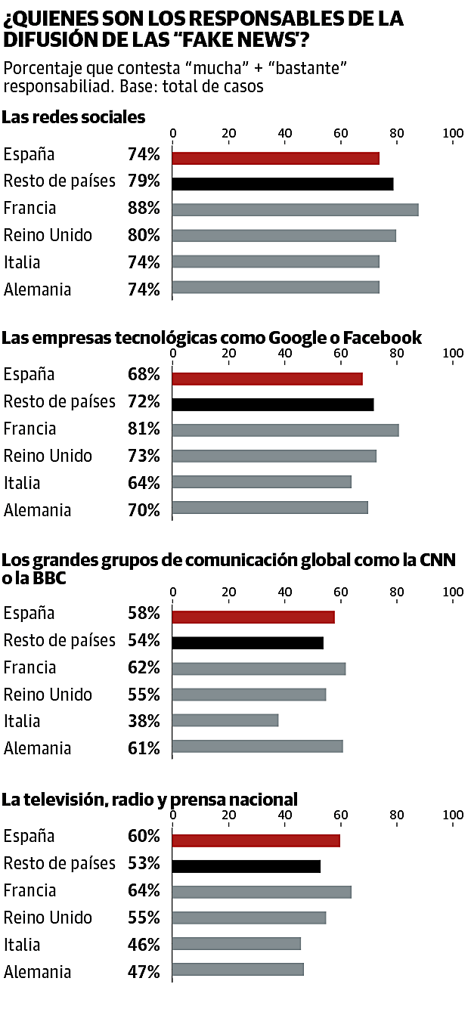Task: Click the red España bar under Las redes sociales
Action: coord(275,157)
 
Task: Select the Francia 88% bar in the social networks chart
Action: coord(295,209)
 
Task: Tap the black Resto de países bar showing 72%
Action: coord(272,404)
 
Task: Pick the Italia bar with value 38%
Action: coord(225,720)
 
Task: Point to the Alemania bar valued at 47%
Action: coord(237,969)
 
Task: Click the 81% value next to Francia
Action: coord(144,429)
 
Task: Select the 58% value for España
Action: coord(144,614)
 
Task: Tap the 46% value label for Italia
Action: coord(144,945)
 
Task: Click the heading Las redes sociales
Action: coord(73,117)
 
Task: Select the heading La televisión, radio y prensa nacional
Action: coord(150,799)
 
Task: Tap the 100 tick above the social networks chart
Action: coord(453,134)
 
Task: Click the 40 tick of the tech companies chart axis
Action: coord(285,354)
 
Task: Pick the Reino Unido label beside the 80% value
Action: coord(48,236)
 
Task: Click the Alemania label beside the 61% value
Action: coord(37,749)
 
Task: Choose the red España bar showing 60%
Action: coord(256,840)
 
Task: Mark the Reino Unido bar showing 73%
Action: coord(274,456)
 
